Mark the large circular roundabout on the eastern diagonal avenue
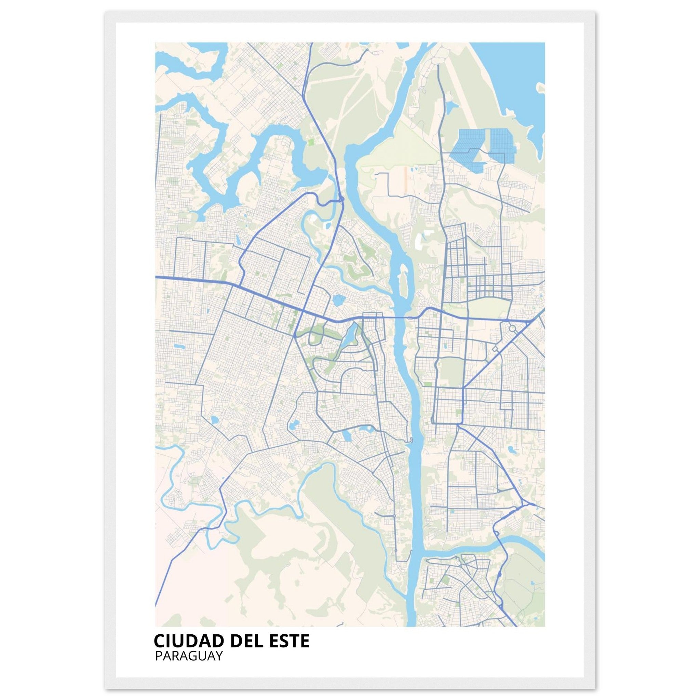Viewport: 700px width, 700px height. pyautogui.click(x=512, y=328)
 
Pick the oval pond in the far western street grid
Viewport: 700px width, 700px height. pyautogui.click(x=178, y=346)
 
